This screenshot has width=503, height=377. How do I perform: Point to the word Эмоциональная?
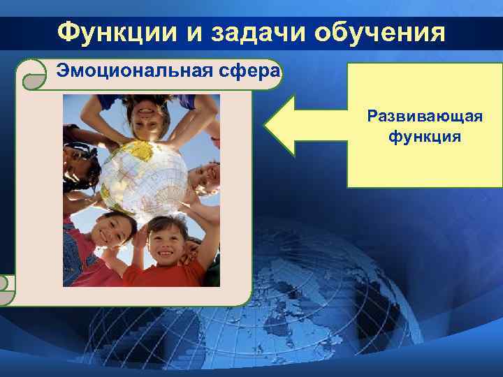tap(129, 72)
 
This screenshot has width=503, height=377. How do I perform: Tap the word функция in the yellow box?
tap(425, 135)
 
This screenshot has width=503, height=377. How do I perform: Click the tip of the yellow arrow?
tap(266, 126)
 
